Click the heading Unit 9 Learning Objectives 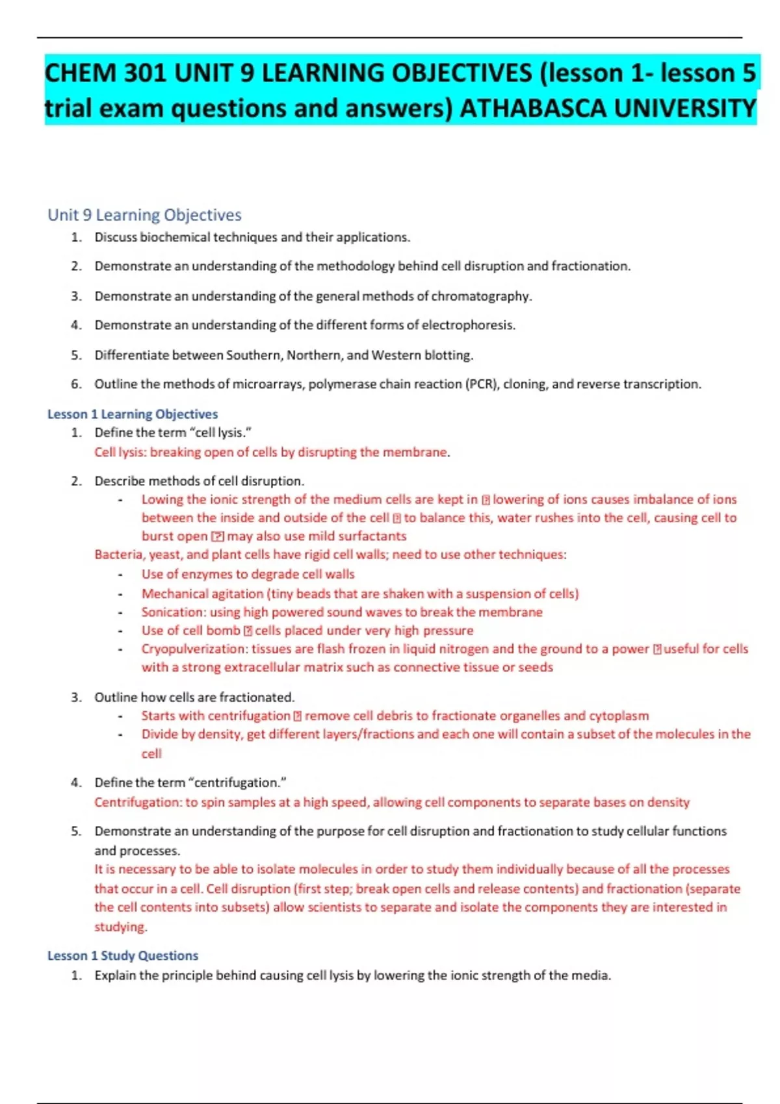click(x=144, y=215)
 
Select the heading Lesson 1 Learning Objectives click(x=133, y=414)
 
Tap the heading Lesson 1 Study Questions click(x=122, y=955)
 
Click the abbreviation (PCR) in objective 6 click(x=481, y=384)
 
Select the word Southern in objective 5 click(x=253, y=355)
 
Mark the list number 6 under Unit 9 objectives click(x=76, y=384)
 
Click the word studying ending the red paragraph click(x=120, y=927)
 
